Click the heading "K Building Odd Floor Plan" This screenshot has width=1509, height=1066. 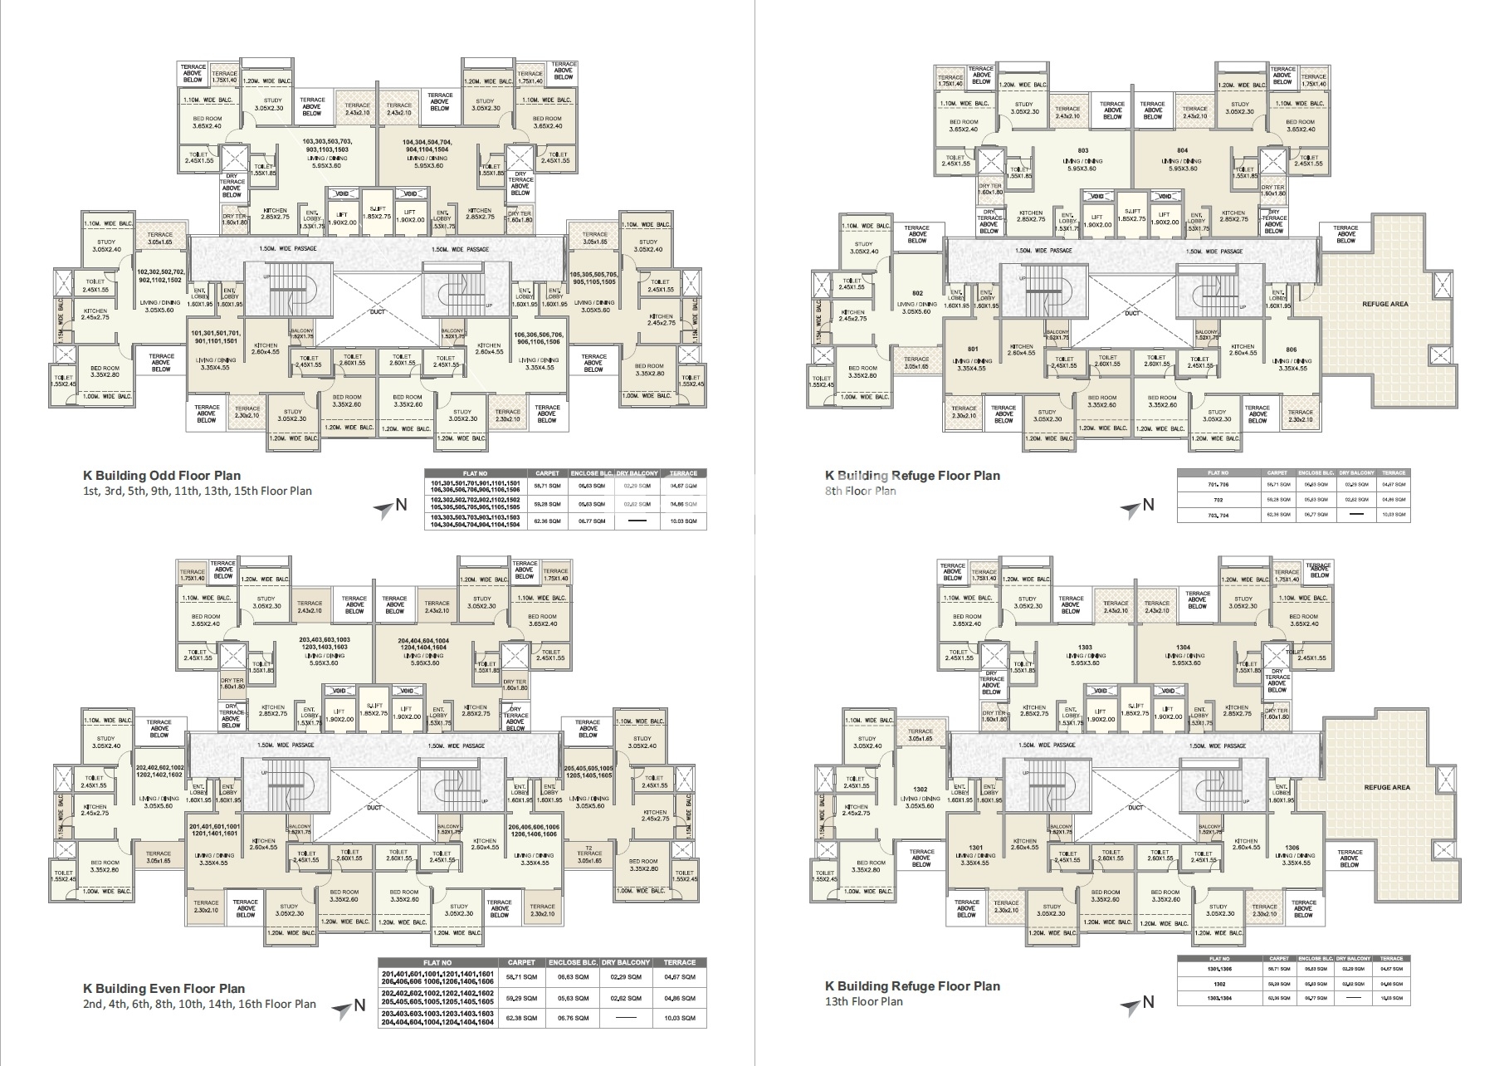161,476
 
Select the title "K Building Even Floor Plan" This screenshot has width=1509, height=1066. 164,988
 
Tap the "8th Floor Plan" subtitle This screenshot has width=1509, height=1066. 860,491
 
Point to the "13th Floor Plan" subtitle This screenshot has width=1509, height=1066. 863,1001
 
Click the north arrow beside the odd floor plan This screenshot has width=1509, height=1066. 388,506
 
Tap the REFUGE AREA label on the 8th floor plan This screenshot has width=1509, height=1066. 1384,305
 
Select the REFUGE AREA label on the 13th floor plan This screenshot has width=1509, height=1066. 1386,787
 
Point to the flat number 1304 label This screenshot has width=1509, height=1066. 1183,647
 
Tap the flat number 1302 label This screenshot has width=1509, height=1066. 920,789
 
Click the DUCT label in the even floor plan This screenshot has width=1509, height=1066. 374,807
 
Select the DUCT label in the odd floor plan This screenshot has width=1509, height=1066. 377,314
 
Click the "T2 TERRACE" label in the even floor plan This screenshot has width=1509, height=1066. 589,850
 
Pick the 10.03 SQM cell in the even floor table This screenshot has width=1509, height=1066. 679,1018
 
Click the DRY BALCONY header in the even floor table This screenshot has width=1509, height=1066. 626,962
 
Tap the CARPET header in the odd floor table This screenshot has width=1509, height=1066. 548,473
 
